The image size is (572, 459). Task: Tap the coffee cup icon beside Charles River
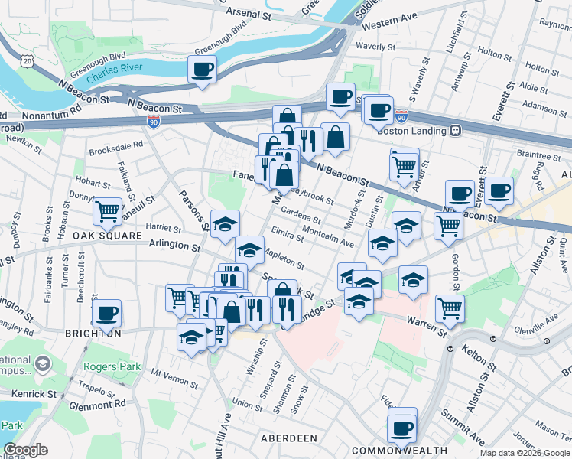[203, 70]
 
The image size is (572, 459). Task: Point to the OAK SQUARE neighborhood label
[108, 236]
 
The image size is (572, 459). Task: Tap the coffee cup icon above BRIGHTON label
[106, 313]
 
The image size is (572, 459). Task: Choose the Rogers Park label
[112, 366]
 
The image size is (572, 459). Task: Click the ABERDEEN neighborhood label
[289, 438]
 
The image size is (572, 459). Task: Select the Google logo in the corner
[25, 450]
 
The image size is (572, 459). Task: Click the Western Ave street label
[390, 26]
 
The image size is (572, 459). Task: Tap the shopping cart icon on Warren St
[450, 308]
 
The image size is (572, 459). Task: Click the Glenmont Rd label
[98, 403]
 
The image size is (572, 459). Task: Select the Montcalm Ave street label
[328, 236]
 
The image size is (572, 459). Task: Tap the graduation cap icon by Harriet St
[225, 224]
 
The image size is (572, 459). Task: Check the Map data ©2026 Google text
[525, 452]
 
